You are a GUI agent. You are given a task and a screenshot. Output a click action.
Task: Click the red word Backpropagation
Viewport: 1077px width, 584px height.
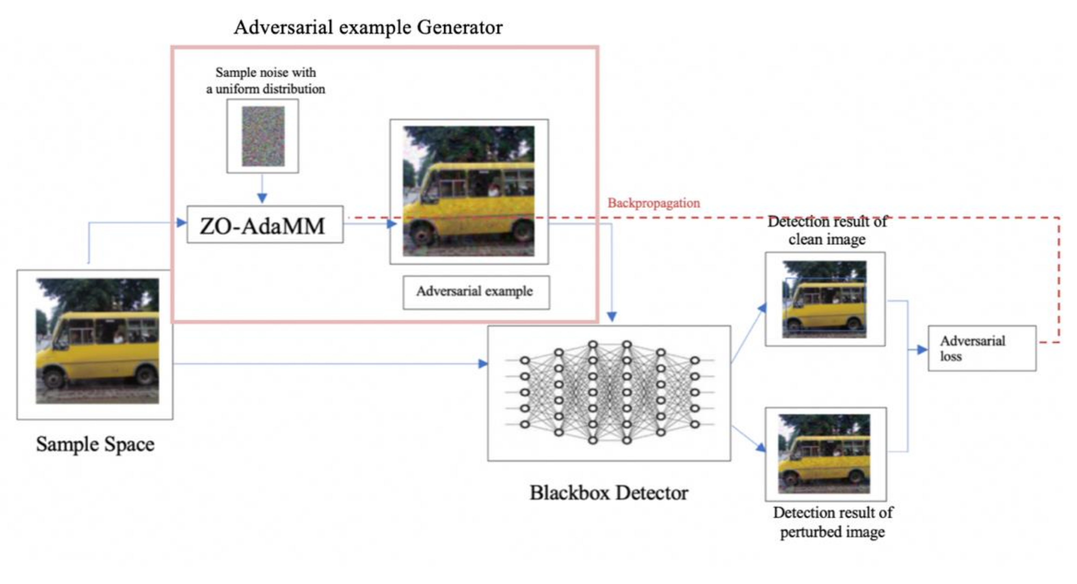654,203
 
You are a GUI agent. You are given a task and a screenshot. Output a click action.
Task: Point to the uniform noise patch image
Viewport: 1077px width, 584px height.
263,136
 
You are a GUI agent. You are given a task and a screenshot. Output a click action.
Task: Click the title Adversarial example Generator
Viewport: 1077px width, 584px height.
368,28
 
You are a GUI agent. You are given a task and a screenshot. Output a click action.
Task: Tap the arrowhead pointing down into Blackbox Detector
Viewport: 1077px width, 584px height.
612,317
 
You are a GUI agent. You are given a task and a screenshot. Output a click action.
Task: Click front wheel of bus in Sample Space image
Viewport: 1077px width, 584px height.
54,378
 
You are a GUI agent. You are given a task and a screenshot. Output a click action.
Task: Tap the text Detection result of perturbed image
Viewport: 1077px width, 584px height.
832,522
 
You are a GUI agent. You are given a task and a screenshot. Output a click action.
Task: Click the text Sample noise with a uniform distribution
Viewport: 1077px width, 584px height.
266,80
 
